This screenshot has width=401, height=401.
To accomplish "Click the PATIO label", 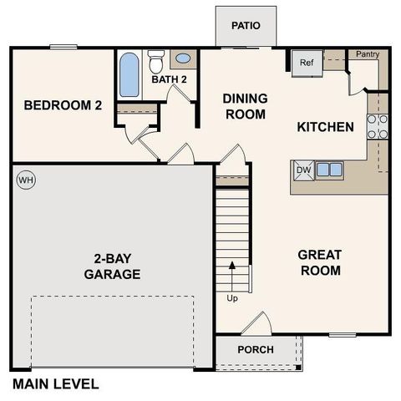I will coord(246,25).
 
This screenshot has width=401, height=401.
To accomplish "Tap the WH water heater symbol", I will coord(25,180).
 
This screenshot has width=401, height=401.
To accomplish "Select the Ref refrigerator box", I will coord(306,62).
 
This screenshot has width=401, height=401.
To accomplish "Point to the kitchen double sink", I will coord(328,170).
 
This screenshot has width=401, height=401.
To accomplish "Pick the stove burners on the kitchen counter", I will coord(378,124).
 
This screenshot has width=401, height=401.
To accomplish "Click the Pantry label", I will coord(368,54).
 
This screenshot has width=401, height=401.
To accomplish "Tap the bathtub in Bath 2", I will coord(129,75).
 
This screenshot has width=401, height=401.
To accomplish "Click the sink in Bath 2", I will coord(183,60).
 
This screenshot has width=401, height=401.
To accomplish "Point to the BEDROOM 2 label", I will coord(63,105).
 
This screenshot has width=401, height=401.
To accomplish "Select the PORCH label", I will coord(255,349).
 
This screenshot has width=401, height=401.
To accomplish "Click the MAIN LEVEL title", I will coord(55,385).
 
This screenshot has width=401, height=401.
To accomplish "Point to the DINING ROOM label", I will coord(244,106).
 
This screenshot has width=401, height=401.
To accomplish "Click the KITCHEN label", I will coord(326,127).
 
